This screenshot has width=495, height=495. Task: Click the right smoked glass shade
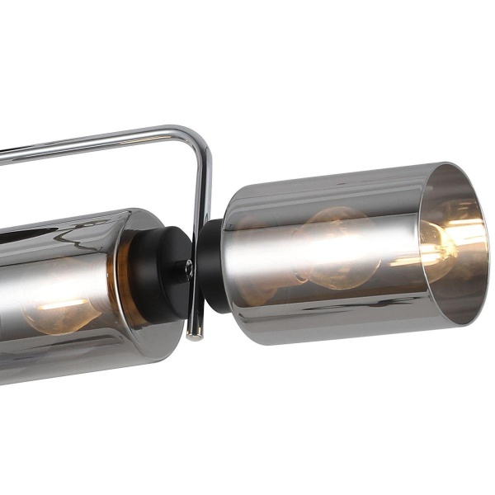click(x=330, y=247)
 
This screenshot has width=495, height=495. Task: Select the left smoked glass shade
click(x=74, y=289)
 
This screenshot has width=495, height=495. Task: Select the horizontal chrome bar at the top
click(x=91, y=142)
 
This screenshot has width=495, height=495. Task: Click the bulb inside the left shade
click(x=58, y=305)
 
